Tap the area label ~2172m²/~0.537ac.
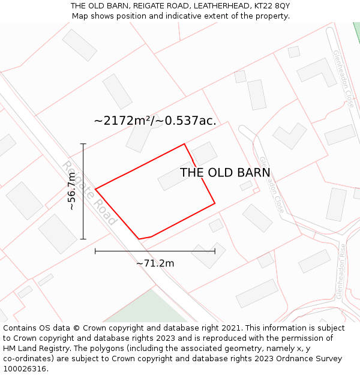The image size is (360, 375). [x=155, y=121]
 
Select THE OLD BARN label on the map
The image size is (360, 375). [x=225, y=173]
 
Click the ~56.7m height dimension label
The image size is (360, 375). [x=72, y=191]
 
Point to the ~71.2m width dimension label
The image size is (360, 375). [x=155, y=263]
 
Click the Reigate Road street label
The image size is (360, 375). [x=89, y=193]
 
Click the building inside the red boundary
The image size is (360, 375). [x=176, y=176]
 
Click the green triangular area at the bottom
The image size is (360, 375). [x=150, y=309]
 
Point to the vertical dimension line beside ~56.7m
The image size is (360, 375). [x=83, y=191]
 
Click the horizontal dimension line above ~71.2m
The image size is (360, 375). [x=155, y=251]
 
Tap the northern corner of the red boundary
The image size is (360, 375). [x=184, y=144]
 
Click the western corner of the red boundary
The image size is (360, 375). [x=95, y=190]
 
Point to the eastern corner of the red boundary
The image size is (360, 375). [x=215, y=203]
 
